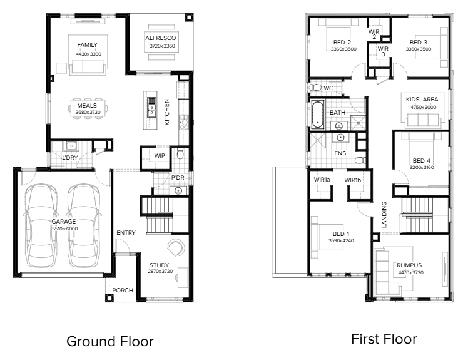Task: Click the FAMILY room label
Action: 87,46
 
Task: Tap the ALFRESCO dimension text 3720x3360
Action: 162,46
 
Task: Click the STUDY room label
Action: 159,265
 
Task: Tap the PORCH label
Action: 123,291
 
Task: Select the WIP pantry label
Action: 160,156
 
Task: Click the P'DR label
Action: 178,178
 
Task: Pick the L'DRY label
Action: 78,158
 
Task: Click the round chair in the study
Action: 176,247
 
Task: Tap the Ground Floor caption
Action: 109,341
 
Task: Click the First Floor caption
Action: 384,339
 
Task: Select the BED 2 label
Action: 343,42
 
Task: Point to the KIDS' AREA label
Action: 422,100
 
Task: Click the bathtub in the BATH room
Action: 318,113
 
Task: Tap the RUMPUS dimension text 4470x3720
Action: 409,272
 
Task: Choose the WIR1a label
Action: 323,180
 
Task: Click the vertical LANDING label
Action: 384,213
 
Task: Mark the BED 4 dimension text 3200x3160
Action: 422,168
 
